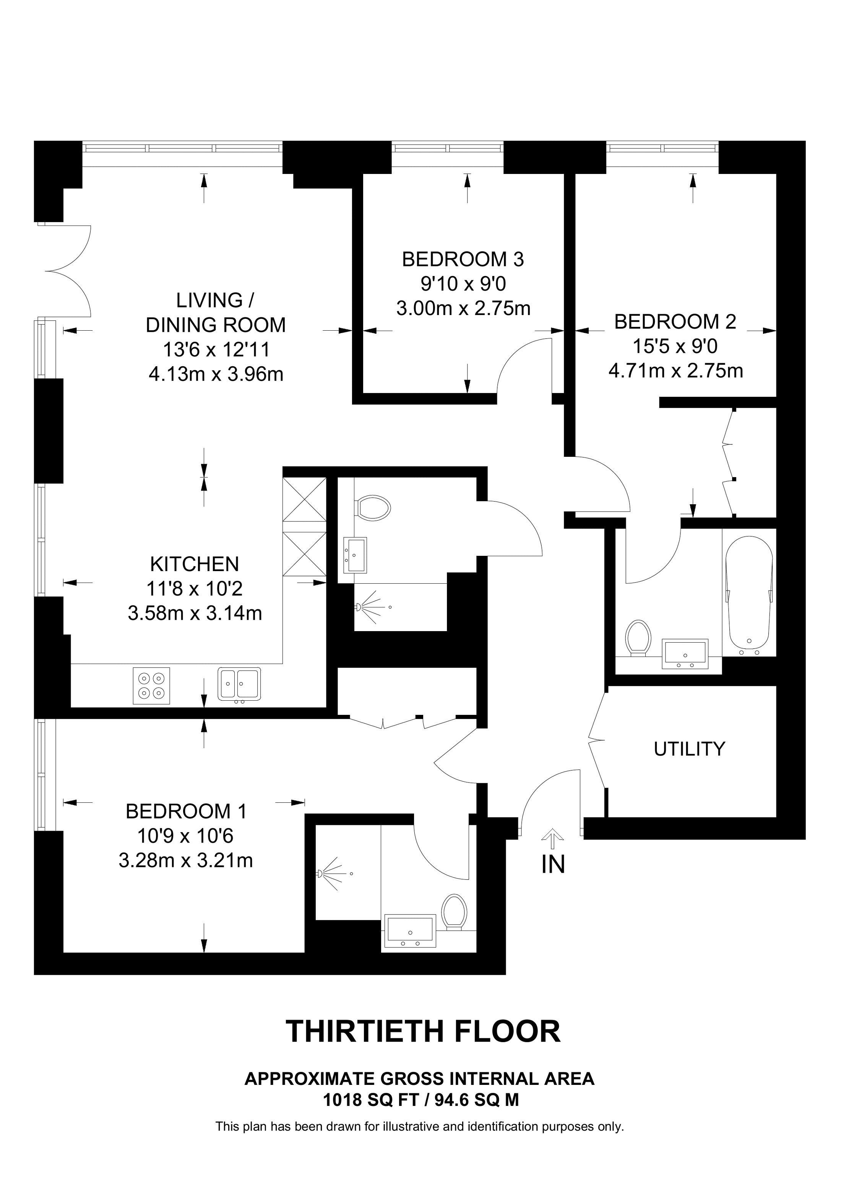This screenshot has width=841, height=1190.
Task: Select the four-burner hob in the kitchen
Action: [x=151, y=685]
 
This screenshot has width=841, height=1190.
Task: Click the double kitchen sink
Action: [x=239, y=684]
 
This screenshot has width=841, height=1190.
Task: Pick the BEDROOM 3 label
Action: [x=463, y=259]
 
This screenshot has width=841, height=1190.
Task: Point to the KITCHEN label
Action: [x=194, y=564]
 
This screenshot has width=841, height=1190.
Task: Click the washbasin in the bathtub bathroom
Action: [x=685, y=653]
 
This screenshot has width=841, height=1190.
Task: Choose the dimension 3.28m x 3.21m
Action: [x=185, y=861]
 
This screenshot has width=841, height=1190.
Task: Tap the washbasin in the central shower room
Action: [x=355, y=555]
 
